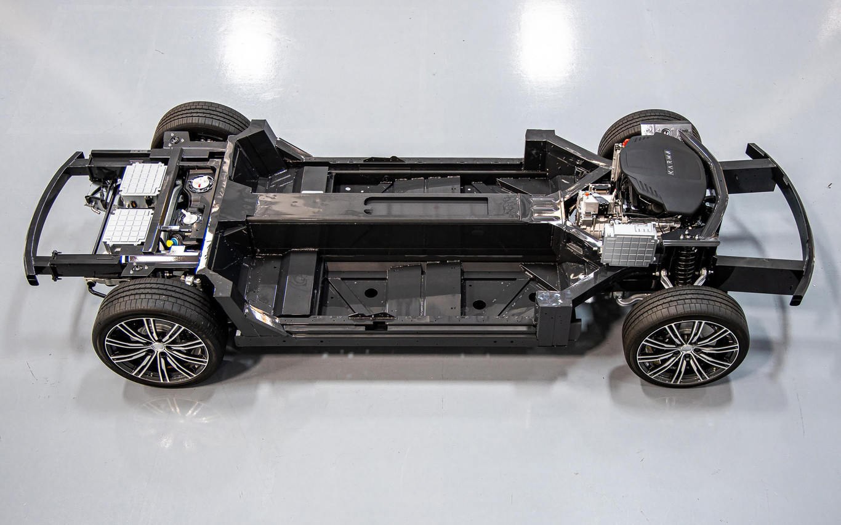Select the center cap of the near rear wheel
[x=158, y=347]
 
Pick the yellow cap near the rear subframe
[x=170, y=243]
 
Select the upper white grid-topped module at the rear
[x=143, y=179]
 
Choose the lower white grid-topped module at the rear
[x=128, y=227]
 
